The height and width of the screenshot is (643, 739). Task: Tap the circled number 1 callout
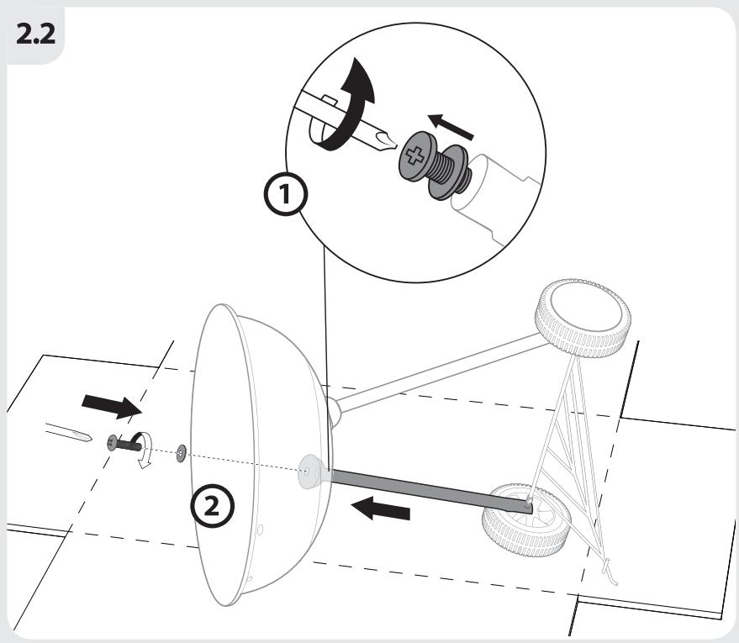[x=285, y=194]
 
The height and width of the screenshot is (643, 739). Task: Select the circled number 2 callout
[x=212, y=507]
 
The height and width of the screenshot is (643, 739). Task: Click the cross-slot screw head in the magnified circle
[x=414, y=156]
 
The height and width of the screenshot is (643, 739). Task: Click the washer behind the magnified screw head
[x=449, y=171]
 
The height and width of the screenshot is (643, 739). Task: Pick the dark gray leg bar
[x=431, y=491]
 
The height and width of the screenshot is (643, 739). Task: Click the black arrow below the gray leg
[x=381, y=509]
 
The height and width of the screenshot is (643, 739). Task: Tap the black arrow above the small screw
[x=112, y=406]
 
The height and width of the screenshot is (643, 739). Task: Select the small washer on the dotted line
[x=182, y=453]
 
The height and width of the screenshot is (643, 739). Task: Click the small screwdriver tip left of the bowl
[x=69, y=432]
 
